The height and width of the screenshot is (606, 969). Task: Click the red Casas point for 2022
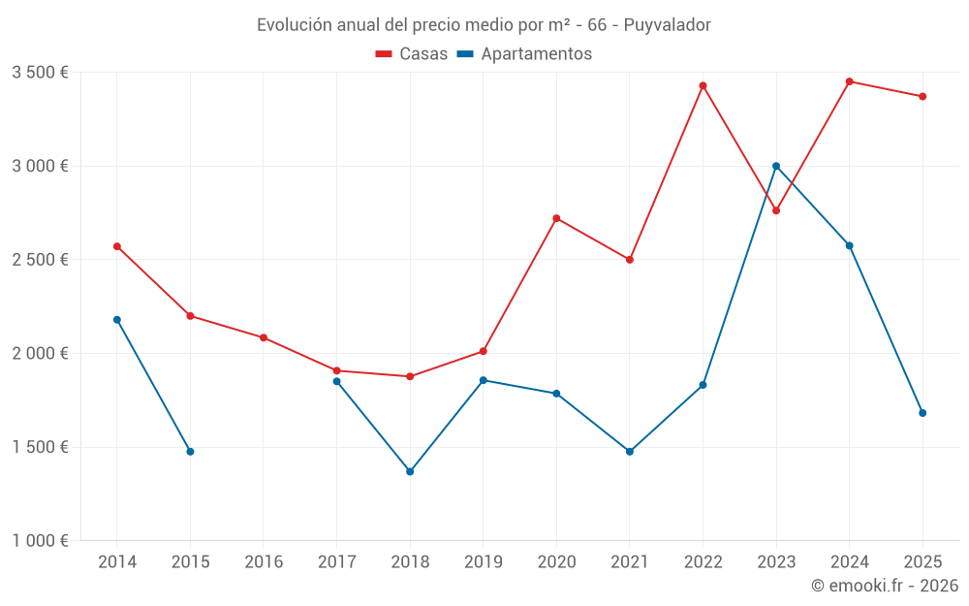tap(703, 85)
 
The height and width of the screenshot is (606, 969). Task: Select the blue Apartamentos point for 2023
tap(776, 166)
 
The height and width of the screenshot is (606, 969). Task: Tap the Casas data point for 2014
tap(117, 246)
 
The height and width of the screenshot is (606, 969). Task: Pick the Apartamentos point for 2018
tap(410, 471)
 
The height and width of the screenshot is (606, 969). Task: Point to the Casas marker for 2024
tap(850, 81)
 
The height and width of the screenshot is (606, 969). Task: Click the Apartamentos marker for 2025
tap(922, 413)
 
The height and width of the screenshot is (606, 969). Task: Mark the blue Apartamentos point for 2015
tap(190, 452)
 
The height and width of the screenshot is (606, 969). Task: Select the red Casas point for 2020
tap(556, 218)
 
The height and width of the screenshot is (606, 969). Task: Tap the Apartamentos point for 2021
tap(630, 452)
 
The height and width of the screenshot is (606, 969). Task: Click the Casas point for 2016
tap(264, 337)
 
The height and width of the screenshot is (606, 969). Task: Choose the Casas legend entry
tap(413, 54)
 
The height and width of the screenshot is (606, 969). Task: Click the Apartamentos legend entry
tap(525, 54)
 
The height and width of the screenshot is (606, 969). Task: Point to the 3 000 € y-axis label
tap(40, 166)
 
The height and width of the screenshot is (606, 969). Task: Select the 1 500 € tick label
tap(40, 447)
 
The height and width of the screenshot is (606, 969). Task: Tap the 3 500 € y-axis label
tap(40, 73)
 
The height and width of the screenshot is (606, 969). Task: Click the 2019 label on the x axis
tap(483, 561)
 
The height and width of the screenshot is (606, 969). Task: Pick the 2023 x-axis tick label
tap(776, 561)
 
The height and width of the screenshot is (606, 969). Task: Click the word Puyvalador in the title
tap(668, 24)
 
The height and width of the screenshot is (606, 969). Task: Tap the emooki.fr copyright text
tap(885, 586)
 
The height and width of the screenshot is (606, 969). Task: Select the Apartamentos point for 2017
tap(336, 381)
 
